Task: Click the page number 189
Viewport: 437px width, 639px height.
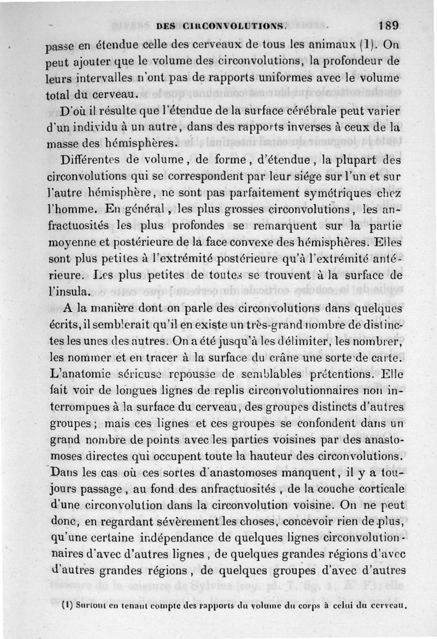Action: (387, 25)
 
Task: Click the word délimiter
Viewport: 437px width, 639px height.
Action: (319, 342)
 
